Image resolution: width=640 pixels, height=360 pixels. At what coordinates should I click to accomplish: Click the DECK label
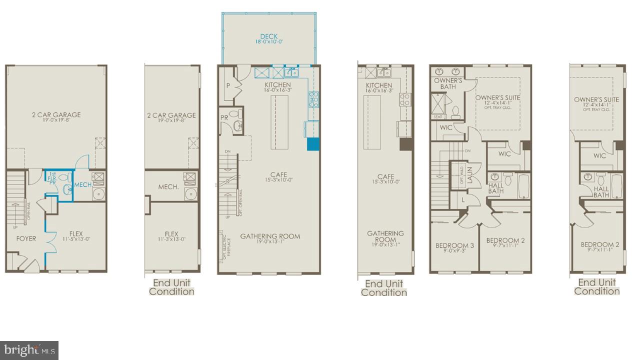tap(269, 36)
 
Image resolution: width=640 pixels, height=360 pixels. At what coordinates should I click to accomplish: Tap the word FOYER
tap(26, 238)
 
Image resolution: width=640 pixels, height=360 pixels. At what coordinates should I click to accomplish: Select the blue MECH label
tap(83, 185)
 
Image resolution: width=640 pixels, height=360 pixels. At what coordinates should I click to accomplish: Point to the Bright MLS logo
tap(29, 349)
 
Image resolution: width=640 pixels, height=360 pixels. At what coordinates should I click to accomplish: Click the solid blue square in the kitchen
tap(313, 143)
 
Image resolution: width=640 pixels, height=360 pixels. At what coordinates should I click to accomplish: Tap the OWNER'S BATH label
tap(448, 83)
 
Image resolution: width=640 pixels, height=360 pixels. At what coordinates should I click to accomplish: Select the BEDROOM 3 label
tap(454, 245)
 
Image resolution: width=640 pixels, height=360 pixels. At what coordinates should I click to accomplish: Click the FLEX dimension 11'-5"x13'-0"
tap(76, 239)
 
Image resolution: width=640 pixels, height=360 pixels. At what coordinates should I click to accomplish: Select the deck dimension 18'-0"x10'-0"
tap(269, 42)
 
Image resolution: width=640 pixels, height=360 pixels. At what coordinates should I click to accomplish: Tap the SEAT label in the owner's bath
tap(438, 117)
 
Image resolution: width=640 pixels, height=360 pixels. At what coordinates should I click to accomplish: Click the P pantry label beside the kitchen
tap(228, 85)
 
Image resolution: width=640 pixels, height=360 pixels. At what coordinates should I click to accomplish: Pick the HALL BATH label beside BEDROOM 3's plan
tap(495, 188)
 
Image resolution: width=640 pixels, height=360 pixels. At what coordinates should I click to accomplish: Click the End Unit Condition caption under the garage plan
tap(171, 287)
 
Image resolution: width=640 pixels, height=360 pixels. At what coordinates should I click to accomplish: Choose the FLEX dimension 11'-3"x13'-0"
tap(171, 239)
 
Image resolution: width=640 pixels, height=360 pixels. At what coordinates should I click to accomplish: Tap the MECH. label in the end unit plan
tap(168, 186)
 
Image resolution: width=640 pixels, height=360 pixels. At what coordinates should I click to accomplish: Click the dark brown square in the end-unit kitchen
tap(404, 143)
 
